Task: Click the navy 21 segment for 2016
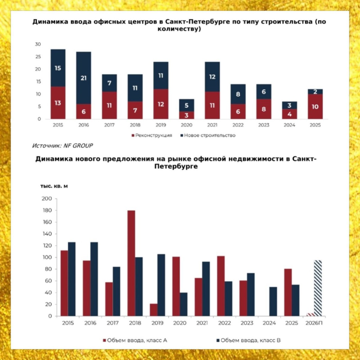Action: pos(83,78)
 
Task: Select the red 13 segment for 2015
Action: pos(58,103)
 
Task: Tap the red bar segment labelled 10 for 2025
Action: pos(315,106)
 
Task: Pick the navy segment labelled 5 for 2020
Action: pos(187,105)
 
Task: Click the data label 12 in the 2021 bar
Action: pos(212,77)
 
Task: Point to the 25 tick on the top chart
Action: pos(38,57)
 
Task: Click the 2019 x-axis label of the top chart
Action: pos(161,125)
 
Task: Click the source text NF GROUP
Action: pos(78,146)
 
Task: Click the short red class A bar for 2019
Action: pos(154,310)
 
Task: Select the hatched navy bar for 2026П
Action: pos(318,288)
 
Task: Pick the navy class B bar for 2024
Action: pos(273,301)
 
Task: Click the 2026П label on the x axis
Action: pos(314,323)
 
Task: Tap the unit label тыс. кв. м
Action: pos(54,186)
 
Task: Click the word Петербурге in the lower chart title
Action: pos(176,166)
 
